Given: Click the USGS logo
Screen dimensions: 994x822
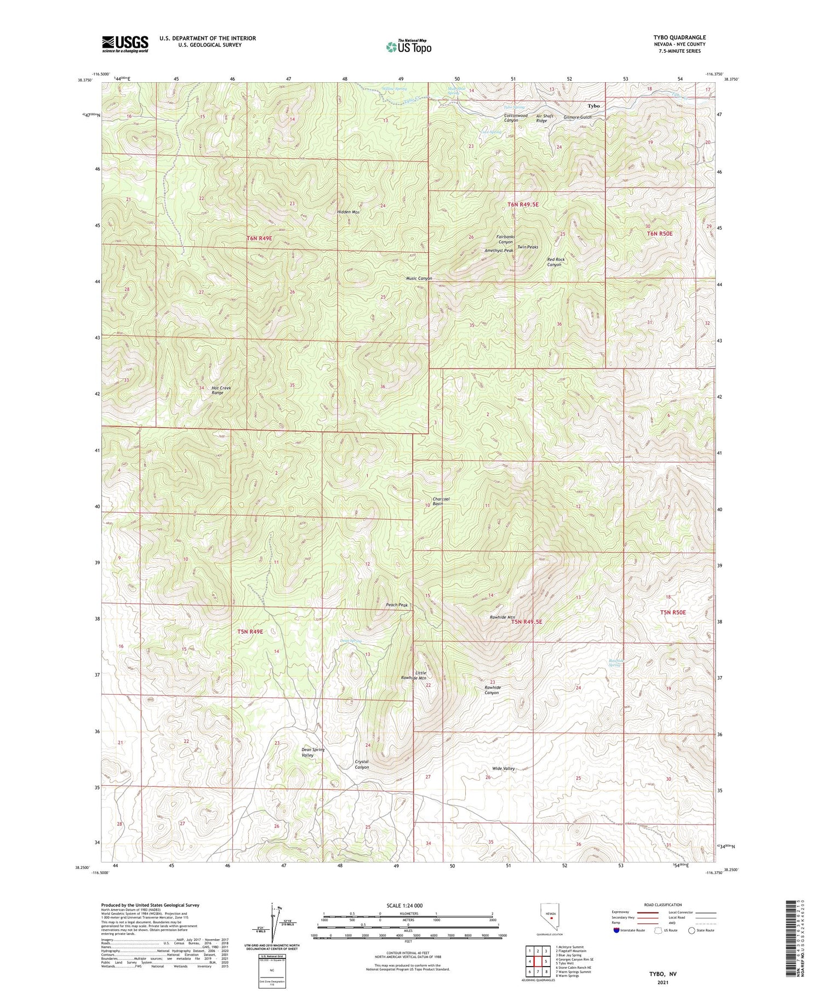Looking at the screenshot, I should pyautogui.click(x=125, y=44).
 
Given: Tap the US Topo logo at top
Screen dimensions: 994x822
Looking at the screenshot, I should pyautogui.click(x=408, y=47).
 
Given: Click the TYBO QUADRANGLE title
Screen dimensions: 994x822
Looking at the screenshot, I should pyautogui.click(x=679, y=37).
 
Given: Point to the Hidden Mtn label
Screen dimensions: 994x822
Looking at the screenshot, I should pyautogui.click(x=348, y=212).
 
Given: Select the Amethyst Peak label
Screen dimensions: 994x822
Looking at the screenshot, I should pyautogui.click(x=499, y=251).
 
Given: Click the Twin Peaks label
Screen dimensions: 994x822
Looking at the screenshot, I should pyautogui.click(x=528, y=247).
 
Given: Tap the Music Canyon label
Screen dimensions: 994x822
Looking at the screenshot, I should pyautogui.click(x=419, y=279).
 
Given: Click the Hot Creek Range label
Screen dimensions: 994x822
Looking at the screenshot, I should pyautogui.click(x=221, y=390).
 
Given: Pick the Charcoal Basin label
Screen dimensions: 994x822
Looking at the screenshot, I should pyautogui.click(x=441, y=501).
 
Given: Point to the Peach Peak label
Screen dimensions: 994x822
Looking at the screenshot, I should pyautogui.click(x=397, y=605).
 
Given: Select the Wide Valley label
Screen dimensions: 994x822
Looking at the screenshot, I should pyautogui.click(x=503, y=769).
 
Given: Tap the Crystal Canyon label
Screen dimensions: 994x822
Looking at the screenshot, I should pyautogui.click(x=362, y=764).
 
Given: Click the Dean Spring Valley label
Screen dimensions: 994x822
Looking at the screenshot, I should pyautogui.click(x=313, y=752).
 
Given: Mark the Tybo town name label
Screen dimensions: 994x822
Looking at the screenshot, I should pyautogui.click(x=593, y=106).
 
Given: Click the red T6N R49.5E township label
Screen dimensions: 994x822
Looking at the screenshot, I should pyautogui.click(x=523, y=205).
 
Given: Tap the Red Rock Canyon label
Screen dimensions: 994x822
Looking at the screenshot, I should pyautogui.click(x=555, y=262).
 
